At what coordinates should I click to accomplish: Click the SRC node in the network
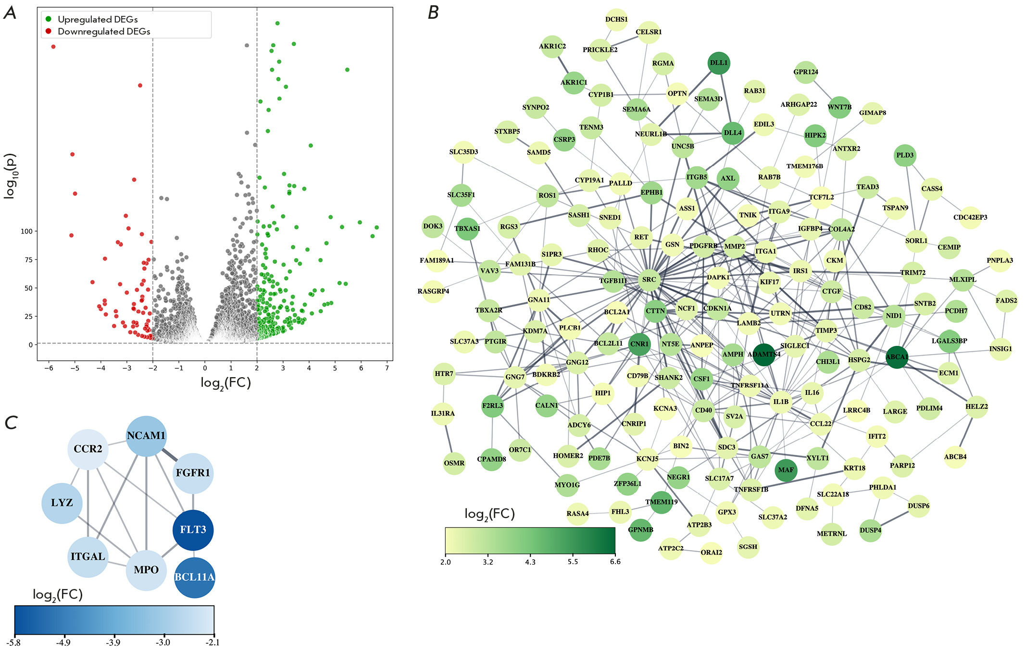(x=649, y=280)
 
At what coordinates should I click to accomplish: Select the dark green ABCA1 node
(x=897, y=357)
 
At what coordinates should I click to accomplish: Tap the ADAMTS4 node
(x=763, y=355)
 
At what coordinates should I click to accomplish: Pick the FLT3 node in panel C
(x=193, y=529)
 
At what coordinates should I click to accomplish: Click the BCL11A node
(x=194, y=577)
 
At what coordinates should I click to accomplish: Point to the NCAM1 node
(x=146, y=436)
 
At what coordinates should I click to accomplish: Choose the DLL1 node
(x=719, y=63)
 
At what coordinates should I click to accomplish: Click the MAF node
(x=786, y=470)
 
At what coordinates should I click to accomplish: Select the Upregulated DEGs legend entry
(x=97, y=19)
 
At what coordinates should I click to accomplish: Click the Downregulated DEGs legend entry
(x=103, y=31)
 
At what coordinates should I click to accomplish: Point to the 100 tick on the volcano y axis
(x=26, y=231)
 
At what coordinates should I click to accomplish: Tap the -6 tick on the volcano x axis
(x=49, y=368)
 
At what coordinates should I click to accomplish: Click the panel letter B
(x=433, y=12)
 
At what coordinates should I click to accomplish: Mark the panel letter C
(x=11, y=423)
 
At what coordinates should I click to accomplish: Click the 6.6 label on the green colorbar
(x=615, y=562)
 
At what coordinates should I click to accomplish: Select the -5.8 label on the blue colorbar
(x=14, y=642)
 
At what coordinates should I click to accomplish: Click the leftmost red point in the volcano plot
(x=53, y=47)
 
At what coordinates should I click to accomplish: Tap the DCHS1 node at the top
(x=616, y=20)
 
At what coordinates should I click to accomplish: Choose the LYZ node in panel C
(x=62, y=503)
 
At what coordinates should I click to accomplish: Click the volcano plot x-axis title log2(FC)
(x=225, y=383)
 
